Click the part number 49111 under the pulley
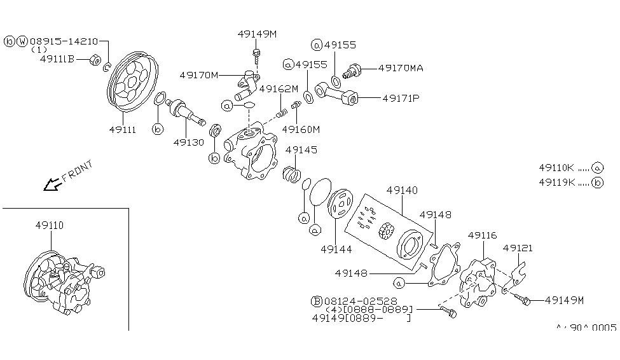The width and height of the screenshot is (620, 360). click(122, 129)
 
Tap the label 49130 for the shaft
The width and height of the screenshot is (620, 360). click(188, 142)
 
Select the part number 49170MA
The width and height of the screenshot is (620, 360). click(401, 67)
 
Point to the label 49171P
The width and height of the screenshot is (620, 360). click(401, 99)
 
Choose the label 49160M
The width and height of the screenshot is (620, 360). click(301, 129)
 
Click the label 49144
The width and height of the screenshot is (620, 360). click(336, 248)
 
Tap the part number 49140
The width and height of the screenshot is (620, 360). click(401, 190)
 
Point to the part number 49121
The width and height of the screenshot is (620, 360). click(518, 247)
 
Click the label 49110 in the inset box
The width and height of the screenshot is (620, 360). click(49, 225)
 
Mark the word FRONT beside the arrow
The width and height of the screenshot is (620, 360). click(78, 171)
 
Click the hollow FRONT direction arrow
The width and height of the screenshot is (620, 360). click(49, 185)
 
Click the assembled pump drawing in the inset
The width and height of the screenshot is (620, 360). click(64, 284)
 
